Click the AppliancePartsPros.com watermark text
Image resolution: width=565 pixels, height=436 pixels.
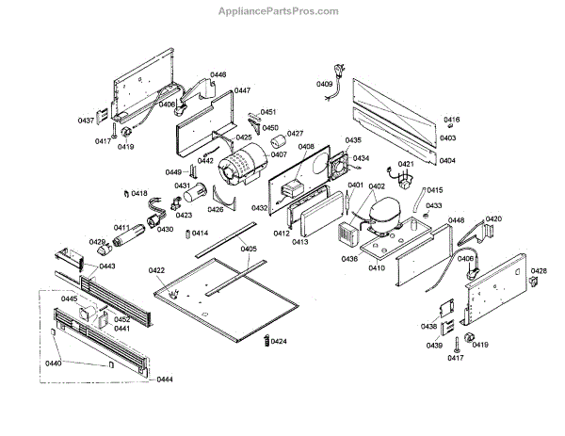pyautogui.click(x=282, y=11)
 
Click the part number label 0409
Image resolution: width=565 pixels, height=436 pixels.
pyautogui.click(x=324, y=85)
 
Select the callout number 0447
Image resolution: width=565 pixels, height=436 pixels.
pyautogui.click(x=242, y=90)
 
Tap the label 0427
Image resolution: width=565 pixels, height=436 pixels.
pyautogui.click(x=295, y=134)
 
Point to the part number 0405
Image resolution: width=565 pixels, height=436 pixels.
pyautogui.click(x=248, y=249)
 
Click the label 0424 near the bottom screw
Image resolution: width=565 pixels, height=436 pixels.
pyautogui.click(x=279, y=341)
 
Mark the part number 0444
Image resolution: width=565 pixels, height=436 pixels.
pyautogui.click(x=165, y=379)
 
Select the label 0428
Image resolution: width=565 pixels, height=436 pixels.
pyautogui.click(x=539, y=271)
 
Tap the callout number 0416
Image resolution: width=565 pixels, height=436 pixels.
pyautogui.click(x=451, y=120)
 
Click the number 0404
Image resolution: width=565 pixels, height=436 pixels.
pyautogui.click(x=447, y=160)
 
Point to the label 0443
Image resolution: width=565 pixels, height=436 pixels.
pyautogui.click(x=106, y=266)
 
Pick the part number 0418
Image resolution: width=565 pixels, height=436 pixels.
pyautogui.click(x=139, y=194)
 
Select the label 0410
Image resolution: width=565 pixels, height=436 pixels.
pyautogui.click(x=377, y=268)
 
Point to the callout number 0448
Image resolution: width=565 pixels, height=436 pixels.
pyautogui.click(x=456, y=220)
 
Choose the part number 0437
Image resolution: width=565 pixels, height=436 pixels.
pyautogui.click(x=86, y=121)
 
